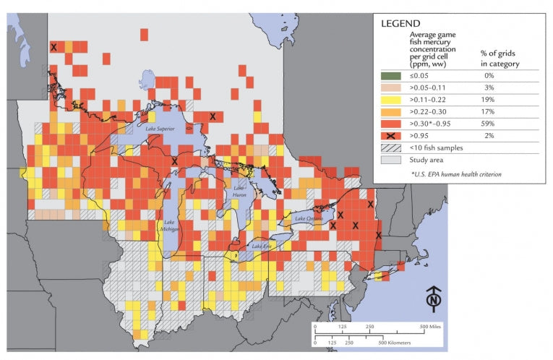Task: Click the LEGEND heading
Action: point(400,23)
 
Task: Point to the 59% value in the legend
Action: point(489,124)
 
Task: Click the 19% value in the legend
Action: point(489,99)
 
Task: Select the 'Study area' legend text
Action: point(428,160)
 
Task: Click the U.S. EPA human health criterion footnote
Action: point(456,174)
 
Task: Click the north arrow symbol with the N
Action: point(433,296)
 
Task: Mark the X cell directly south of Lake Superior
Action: point(174,161)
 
